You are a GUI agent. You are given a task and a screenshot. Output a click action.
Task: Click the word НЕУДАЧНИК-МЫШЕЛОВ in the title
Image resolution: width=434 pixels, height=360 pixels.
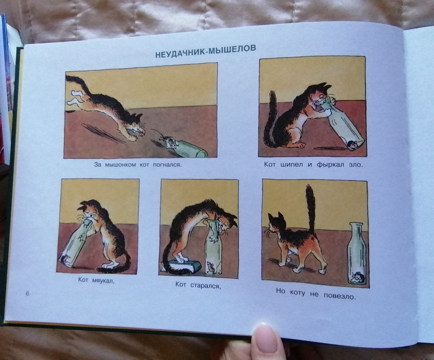click(205, 51)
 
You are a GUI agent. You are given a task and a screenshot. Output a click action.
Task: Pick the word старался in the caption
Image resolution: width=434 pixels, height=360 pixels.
click(205, 286)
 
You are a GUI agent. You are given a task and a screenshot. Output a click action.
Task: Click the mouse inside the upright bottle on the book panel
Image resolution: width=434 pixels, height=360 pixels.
click(210, 267)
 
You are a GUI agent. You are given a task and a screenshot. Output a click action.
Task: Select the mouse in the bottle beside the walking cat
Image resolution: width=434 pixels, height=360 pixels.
click(357, 277)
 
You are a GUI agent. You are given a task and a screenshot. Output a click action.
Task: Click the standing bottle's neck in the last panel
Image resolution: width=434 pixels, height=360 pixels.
click(356, 230)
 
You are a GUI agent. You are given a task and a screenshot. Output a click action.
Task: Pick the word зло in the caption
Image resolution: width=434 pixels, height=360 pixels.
click(356, 165)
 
